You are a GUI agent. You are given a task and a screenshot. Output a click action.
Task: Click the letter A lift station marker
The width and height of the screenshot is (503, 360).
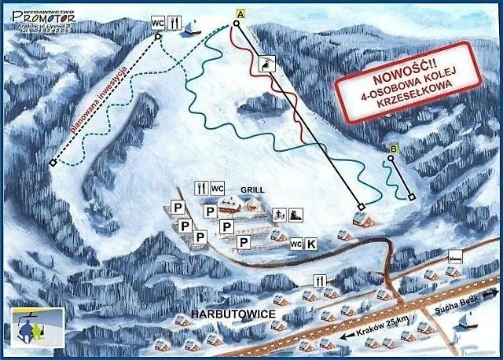point(239,13)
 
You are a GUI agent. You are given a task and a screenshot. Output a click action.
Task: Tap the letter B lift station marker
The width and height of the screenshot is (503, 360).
point(393,148)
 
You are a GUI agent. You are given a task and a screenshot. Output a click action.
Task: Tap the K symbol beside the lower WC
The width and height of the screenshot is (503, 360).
point(311,244)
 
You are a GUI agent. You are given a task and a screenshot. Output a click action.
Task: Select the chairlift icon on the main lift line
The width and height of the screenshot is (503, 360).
point(268,63)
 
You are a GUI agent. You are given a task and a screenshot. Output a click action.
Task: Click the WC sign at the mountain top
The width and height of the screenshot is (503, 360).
point(158,22)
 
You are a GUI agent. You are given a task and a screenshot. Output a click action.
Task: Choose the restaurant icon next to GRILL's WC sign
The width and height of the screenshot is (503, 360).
point(200,189)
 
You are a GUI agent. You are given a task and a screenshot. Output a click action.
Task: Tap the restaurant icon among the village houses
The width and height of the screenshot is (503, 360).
point(319,280)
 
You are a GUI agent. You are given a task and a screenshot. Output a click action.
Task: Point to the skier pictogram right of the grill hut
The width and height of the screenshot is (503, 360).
point(277,214)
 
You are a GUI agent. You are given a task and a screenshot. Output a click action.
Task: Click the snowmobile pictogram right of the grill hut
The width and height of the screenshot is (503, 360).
point(293,214)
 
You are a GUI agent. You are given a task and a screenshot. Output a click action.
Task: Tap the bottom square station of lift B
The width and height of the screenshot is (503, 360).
point(411,197)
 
